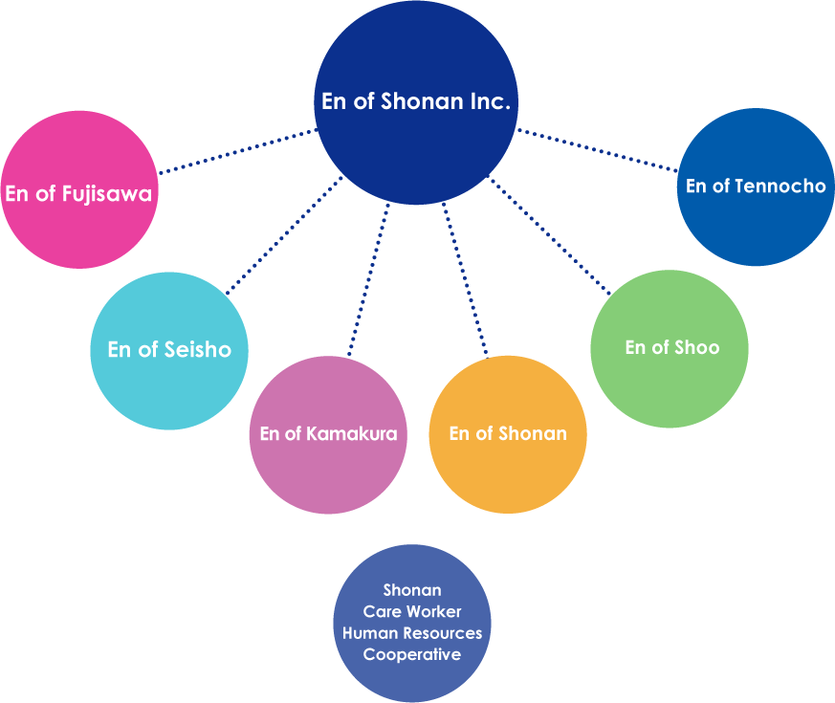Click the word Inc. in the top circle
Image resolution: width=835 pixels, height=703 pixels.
coord(487,102)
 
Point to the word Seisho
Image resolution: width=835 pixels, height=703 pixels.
coord(196,350)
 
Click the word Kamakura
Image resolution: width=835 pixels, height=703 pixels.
coord(352,434)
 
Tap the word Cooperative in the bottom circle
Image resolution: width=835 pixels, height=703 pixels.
coord(412,655)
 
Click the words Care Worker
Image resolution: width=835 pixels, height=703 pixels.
coord(412,612)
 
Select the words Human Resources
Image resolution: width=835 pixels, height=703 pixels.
coord(412,633)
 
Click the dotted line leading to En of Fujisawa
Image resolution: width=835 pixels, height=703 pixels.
coord(236,151)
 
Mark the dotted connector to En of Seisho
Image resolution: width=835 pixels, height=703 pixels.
coord(284,234)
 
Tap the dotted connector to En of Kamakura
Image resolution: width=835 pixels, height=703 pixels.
coord(369,281)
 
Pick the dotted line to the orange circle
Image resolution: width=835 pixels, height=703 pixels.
coord(466,281)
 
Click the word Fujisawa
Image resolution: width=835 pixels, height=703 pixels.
coord(107,194)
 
